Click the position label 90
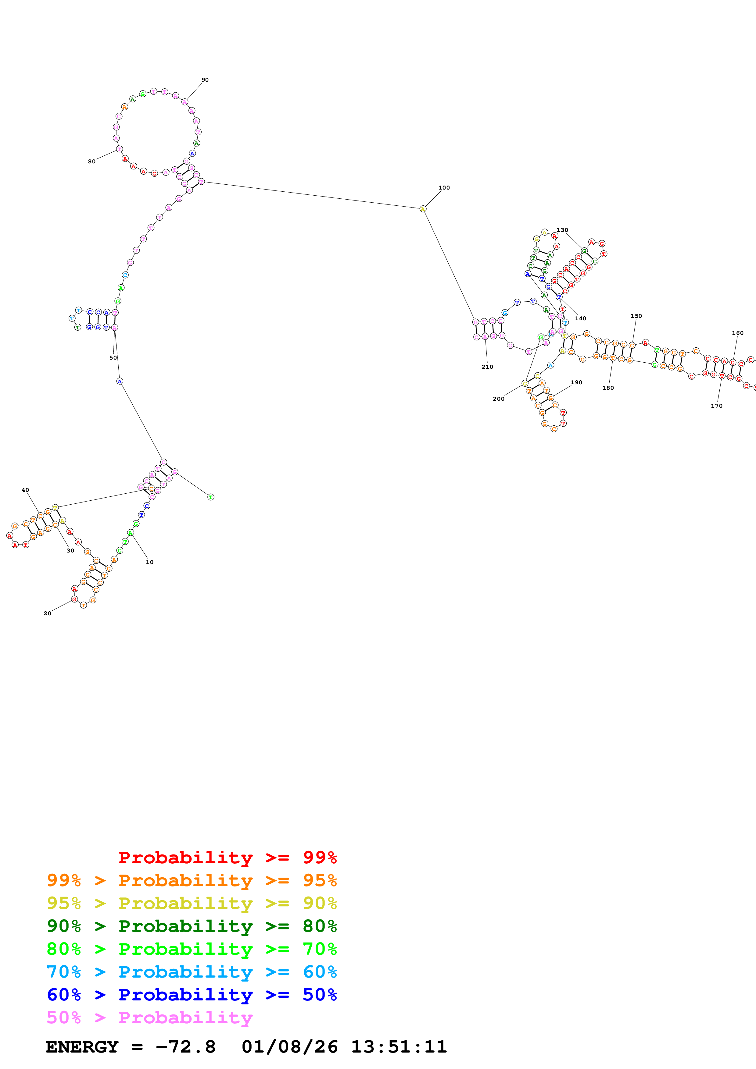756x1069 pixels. pyautogui.click(x=205, y=80)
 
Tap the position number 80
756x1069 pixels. pyautogui.click(x=92, y=162)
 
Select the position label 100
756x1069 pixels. pyautogui.click(x=444, y=188)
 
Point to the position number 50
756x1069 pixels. pyautogui.click(x=113, y=357)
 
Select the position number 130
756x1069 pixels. pyautogui.click(x=562, y=230)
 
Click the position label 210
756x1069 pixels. pyautogui.click(x=487, y=367)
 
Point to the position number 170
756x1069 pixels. pyautogui.click(x=716, y=406)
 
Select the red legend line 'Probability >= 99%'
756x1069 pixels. pyautogui.click(x=227, y=858)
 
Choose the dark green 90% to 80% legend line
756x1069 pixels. pyautogui.click(x=192, y=926)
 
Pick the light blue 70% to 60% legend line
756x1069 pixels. pyautogui.click(x=192, y=972)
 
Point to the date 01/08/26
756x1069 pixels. pyautogui.click(x=289, y=1047)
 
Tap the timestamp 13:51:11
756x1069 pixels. pyautogui.click(x=399, y=1047)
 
